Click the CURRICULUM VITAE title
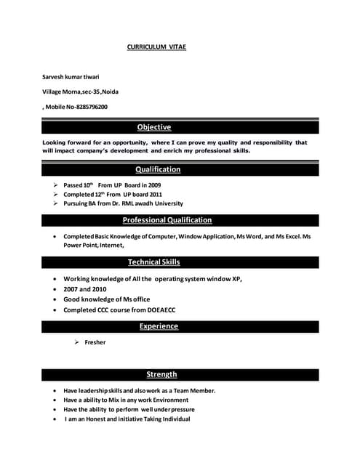(156, 46)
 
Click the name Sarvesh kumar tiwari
(71, 76)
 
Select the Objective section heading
(154, 127)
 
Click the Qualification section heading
(158, 169)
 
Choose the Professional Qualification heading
(167, 220)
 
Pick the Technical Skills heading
(154, 262)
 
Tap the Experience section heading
(159, 326)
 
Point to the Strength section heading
(161, 374)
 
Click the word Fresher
(95, 342)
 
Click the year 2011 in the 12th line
(153, 195)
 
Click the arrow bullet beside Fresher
(76, 342)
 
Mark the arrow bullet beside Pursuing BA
(55, 204)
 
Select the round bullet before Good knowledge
(56, 299)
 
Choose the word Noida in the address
(110, 92)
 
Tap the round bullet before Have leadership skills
(56, 391)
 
